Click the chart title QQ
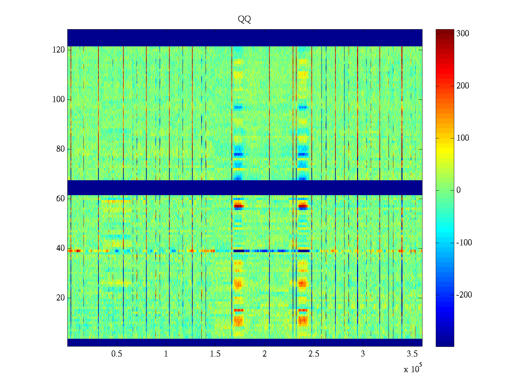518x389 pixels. pyautogui.click(x=244, y=19)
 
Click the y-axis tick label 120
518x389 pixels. pyautogui.click(x=59, y=50)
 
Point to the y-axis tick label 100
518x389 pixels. pyautogui.click(x=59, y=100)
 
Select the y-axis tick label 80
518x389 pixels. pyautogui.click(x=61, y=149)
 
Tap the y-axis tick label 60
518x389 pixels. pyautogui.click(x=61, y=199)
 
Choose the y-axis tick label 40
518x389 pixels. pyautogui.click(x=61, y=248)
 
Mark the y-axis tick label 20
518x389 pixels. pyautogui.click(x=61, y=298)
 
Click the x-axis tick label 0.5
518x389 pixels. pyautogui.click(x=117, y=354)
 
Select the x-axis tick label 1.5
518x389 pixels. pyautogui.click(x=215, y=354)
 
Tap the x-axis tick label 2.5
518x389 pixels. pyautogui.click(x=314, y=354)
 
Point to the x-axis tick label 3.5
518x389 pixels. pyautogui.click(x=412, y=354)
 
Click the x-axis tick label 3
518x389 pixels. pyautogui.click(x=363, y=354)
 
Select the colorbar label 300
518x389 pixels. pyautogui.click(x=463, y=34)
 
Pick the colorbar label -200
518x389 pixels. pyautogui.click(x=464, y=295)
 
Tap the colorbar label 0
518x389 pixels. pyautogui.click(x=458, y=190)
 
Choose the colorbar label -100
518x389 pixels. pyautogui.click(x=464, y=243)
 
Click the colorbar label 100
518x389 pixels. pyautogui.click(x=463, y=138)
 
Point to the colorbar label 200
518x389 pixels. pyautogui.click(x=463, y=86)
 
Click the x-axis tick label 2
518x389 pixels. pyautogui.click(x=265, y=354)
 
